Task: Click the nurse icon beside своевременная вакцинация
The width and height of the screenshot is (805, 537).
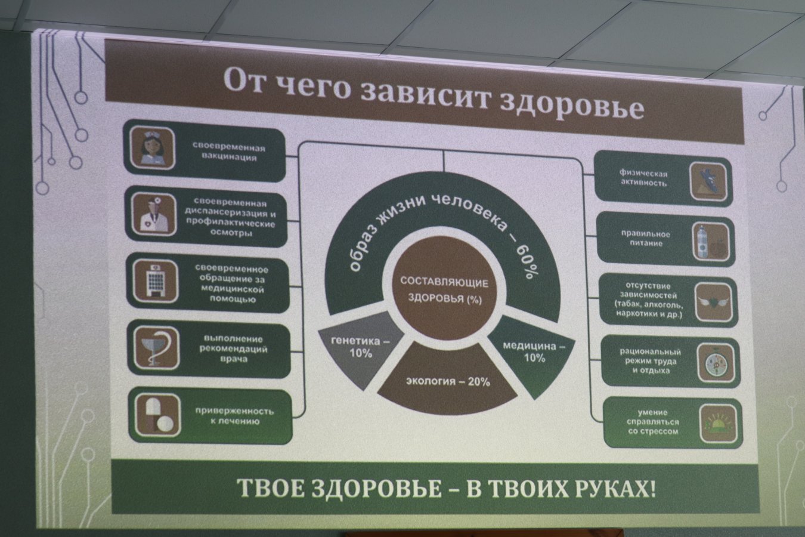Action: pos(153,148)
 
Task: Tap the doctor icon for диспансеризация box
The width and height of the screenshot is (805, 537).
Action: pos(154,214)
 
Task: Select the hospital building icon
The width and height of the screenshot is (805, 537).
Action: pos(155,280)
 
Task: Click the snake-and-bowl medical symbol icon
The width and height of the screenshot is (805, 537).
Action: pos(156,347)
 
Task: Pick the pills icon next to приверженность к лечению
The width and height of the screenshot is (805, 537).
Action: pos(158,415)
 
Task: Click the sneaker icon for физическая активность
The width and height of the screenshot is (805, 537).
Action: pos(708,181)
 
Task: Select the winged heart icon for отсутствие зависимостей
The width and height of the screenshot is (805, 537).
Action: pos(714,302)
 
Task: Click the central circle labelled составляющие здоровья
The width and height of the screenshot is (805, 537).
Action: pos(444,289)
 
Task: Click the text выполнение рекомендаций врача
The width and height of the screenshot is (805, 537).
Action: pos(234,349)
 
